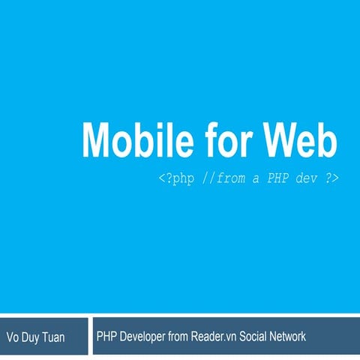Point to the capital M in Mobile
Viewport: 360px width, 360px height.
pos(97,139)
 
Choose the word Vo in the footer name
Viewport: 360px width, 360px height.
pos(13,337)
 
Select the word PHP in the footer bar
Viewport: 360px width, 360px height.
pos(106,337)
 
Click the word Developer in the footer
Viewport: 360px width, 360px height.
pos(145,337)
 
